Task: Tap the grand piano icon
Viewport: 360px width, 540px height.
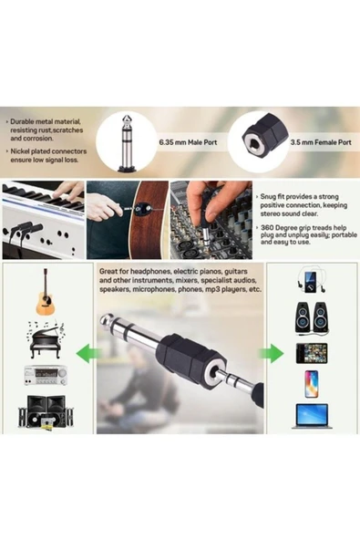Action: [46, 335]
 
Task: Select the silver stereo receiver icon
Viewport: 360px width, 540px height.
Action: [46, 374]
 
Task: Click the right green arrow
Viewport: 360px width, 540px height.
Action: [272, 353]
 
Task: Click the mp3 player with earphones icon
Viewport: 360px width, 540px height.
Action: [310, 280]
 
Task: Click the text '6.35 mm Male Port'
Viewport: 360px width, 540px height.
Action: [188, 143]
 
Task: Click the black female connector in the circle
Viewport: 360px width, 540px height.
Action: [254, 140]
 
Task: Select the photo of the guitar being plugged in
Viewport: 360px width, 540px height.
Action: [127, 219]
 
